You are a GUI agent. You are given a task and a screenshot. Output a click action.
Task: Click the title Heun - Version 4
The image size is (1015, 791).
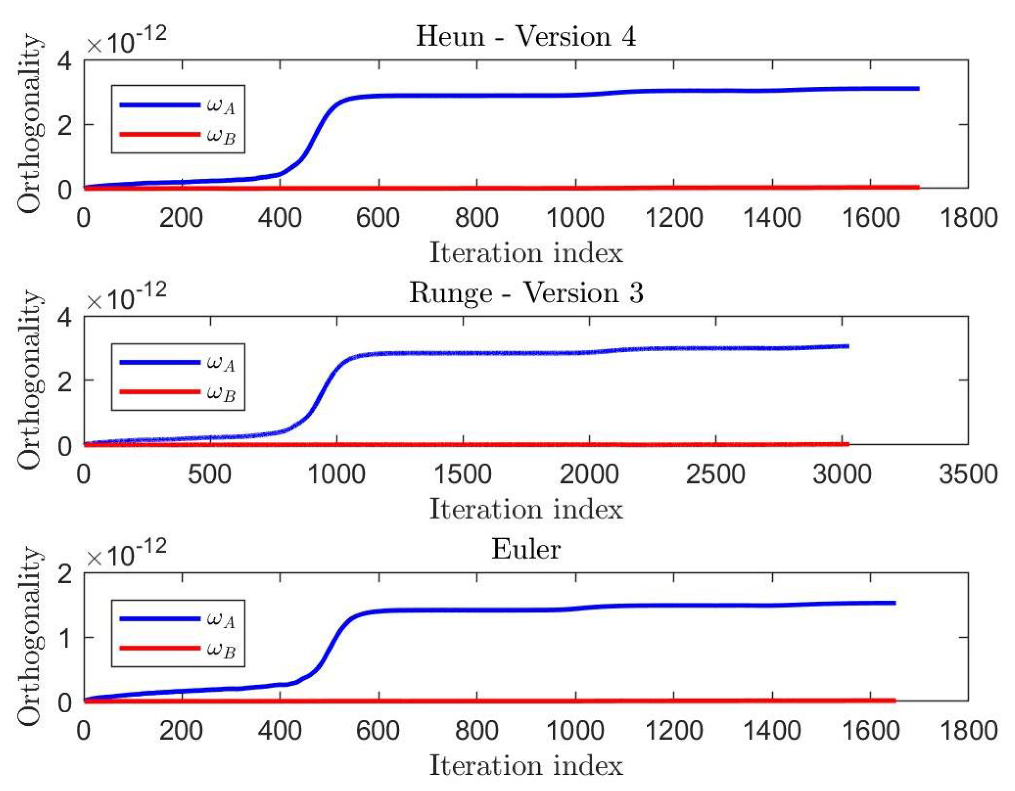pos(525,36)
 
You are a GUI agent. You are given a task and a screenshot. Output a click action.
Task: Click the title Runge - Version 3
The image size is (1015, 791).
pos(526,292)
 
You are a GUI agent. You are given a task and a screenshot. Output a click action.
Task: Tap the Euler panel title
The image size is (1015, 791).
pos(525,549)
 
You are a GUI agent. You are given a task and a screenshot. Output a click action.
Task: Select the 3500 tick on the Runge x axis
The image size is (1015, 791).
pos(968,474)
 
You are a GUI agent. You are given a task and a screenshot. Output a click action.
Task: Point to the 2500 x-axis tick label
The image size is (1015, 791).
pos(715,474)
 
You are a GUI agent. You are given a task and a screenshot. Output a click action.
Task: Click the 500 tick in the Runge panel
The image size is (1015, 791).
pos(209,474)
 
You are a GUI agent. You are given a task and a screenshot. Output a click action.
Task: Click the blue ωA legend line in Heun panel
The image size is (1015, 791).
pos(159,104)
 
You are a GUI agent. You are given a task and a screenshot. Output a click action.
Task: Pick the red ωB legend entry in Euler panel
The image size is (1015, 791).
pos(159,648)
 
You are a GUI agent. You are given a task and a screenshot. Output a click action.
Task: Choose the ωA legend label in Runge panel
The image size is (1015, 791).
pos(221,363)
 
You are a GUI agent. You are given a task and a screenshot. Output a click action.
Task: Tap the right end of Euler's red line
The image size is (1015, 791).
pos(894,700)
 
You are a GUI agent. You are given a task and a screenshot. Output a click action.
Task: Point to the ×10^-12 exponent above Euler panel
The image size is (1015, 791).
pos(126,553)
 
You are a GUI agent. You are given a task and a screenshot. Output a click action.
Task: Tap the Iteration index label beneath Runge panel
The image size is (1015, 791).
pos(525,510)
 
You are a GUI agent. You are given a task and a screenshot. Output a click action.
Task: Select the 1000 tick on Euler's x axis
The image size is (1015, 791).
pos(575,731)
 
